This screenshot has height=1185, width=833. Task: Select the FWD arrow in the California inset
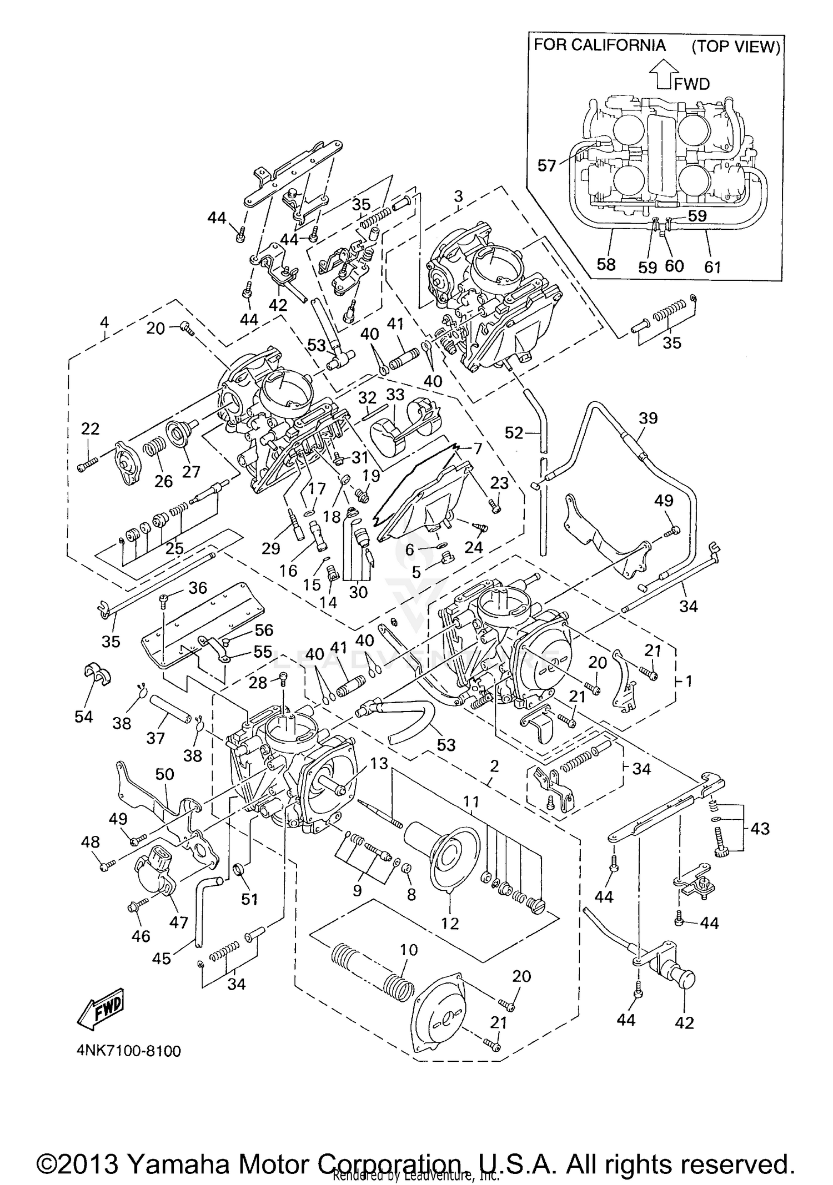(x=664, y=74)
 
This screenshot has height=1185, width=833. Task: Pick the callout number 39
(x=648, y=418)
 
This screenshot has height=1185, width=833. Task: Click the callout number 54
(x=83, y=717)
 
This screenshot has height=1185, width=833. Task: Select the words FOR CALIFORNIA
(x=600, y=45)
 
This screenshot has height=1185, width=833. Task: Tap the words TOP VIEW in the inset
(x=736, y=46)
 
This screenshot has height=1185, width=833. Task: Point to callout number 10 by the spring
(x=409, y=949)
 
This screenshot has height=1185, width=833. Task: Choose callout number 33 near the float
(x=395, y=395)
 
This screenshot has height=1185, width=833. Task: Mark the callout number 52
(x=514, y=432)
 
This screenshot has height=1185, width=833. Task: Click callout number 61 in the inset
(x=712, y=267)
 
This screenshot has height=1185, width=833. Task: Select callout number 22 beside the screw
(x=90, y=428)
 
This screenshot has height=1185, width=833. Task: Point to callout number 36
(x=198, y=588)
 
